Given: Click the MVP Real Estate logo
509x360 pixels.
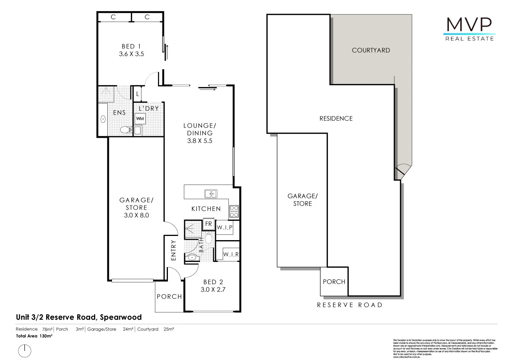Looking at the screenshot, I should [x=470, y=28].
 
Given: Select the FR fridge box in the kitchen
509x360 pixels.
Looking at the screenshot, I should [x=208, y=224].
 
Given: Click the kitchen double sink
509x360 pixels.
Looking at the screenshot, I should [x=211, y=194].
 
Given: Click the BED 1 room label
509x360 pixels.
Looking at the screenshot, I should [x=131, y=50].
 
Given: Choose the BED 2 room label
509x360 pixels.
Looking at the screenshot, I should [x=213, y=286].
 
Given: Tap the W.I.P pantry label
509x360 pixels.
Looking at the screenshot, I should [x=225, y=228].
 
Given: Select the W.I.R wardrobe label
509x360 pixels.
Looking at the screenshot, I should [x=231, y=254].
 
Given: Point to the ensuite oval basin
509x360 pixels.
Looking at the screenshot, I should [x=103, y=119].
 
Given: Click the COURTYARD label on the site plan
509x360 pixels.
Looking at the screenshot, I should [x=370, y=50].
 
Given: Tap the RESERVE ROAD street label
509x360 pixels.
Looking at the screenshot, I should [x=349, y=305].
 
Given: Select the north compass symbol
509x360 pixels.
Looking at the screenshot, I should [x=25, y=350].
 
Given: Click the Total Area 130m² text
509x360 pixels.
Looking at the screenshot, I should [x=34, y=336].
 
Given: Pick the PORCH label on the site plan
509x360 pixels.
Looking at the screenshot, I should [x=334, y=282].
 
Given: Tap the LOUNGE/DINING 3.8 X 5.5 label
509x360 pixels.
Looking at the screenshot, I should [x=199, y=133].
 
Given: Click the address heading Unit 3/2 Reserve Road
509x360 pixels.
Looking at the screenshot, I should [x=78, y=317].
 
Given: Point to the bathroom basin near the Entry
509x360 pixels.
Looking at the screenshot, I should [x=193, y=258].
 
